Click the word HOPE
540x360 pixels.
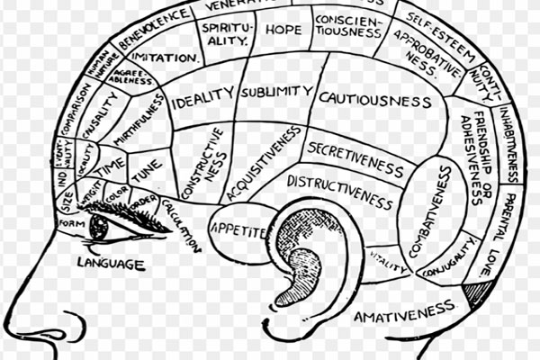click(x=283, y=30)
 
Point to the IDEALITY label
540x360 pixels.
click(x=202, y=97)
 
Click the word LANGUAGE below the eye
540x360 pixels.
click(x=110, y=264)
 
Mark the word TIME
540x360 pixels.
click(x=112, y=166)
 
